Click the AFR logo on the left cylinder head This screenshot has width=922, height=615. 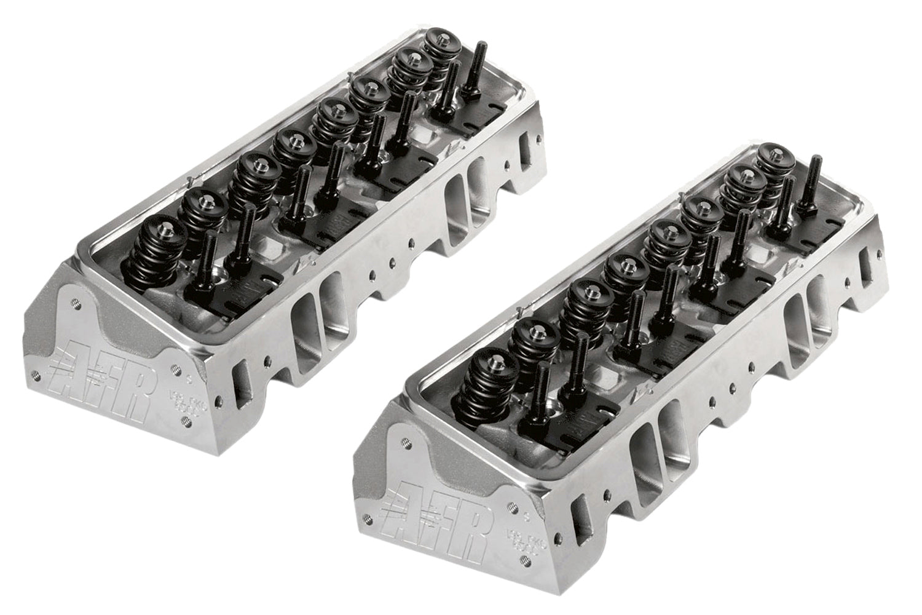[x=104, y=369]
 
